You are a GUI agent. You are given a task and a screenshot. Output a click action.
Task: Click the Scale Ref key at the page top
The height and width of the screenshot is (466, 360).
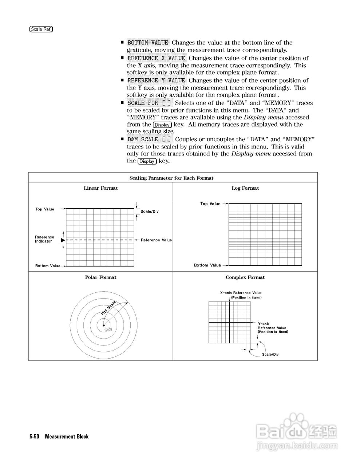[41, 29]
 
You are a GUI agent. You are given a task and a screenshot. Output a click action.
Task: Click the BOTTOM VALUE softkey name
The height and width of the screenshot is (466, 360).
[148, 43]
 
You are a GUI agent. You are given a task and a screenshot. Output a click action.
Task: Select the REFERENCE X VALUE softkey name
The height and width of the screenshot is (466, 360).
[156, 58]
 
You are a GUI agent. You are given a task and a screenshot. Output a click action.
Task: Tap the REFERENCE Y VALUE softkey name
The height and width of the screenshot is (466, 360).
[156, 80]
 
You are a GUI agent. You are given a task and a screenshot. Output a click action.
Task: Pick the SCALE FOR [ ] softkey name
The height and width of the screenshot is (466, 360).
[149, 103]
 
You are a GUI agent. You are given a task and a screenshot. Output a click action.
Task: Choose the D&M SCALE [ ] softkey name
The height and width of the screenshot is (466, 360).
[149, 139]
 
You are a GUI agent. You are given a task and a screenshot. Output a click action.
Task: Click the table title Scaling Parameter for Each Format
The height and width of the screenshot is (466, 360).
[171, 178]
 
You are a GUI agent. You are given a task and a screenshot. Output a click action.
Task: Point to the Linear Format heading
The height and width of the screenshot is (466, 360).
[101, 188]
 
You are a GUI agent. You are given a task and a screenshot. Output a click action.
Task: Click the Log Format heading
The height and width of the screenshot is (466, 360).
[245, 188]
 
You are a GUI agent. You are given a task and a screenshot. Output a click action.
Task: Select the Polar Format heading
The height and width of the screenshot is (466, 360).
[101, 277]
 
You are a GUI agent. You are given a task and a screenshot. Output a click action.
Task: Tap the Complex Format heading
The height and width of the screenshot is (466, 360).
[245, 277]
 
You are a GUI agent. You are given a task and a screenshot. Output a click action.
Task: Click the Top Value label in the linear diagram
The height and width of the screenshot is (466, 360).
[45, 209]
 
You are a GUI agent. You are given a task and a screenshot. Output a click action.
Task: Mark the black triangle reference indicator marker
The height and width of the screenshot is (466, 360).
[63, 241]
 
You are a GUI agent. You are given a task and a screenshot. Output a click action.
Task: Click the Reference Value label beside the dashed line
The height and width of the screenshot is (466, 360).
[156, 240]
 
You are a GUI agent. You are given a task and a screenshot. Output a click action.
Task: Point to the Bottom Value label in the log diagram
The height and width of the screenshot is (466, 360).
[207, 265]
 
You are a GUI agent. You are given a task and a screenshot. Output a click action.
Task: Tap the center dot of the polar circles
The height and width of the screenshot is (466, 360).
[104, 325]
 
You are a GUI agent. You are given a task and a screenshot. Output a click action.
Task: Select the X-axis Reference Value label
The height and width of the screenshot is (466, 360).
[241, 293]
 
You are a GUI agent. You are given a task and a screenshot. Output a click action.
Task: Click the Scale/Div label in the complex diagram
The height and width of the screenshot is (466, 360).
[270, 354]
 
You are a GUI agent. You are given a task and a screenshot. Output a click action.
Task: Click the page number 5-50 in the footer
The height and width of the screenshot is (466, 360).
[34, 437]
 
